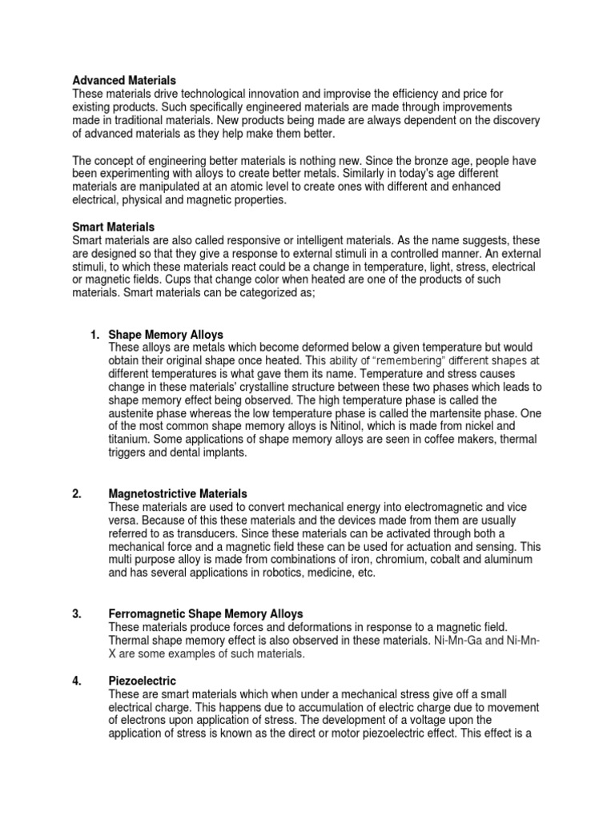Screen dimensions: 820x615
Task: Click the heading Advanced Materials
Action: tap(124, 81)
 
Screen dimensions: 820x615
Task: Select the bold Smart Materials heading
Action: tap(114, 228)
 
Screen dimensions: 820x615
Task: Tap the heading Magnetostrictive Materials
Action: tap(178, 494)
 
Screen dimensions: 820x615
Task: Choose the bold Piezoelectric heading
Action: tap(143, 680)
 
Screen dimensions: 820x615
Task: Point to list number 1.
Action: tap(94, 334)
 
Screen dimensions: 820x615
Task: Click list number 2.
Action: tap(77, 494)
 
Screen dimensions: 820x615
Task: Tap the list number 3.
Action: tap(77, 614)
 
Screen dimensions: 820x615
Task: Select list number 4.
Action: tap(77, 680)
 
